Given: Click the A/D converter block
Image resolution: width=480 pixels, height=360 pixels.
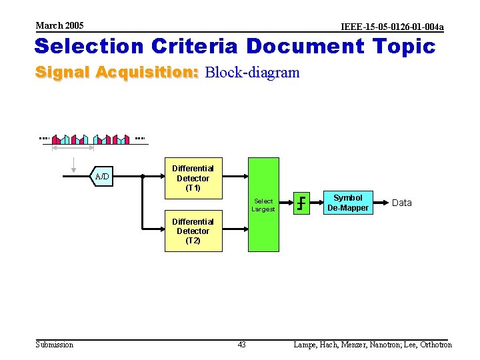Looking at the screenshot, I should click(x=103, y=177).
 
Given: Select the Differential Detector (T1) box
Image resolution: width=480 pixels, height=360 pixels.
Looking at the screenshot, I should click(x=193, y=178).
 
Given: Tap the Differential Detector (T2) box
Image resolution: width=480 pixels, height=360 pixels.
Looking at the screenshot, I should click(x=193, y=231).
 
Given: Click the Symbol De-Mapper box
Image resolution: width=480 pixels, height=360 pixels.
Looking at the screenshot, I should click(x=347, y=203).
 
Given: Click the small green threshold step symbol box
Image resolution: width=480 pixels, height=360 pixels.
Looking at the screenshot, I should click(x=303, y=203).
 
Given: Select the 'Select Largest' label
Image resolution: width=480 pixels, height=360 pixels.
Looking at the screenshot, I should click(x=263, y=205).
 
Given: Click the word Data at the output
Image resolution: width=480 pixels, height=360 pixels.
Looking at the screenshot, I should click(x=401, y=203).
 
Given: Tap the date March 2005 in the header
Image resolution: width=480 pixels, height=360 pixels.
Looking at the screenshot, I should click(x=59, y=25).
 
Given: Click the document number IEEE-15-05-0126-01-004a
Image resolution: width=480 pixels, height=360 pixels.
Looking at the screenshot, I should click(x=391, y=27).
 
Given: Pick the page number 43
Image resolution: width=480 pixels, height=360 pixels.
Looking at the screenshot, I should click(x=241, y=345).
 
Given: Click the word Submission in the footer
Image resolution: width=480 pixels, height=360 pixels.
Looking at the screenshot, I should click(x=54, y=345).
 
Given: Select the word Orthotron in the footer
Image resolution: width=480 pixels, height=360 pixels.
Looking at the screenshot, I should click(x=435, y=345).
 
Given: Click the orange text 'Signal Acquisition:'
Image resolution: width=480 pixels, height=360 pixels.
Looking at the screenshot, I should click(x=117, y=72).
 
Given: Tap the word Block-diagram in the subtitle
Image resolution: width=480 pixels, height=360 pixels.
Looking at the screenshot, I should click(x=253, y=72).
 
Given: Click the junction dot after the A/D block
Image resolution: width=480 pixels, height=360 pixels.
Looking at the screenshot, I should click(x=143, y=177).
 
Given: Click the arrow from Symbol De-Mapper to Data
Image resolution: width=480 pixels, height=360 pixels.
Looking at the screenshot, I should click(x=380, y=203).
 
